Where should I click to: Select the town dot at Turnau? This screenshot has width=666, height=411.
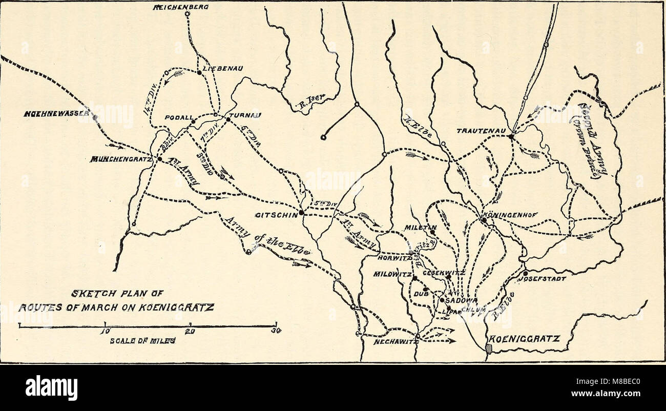(228, 119)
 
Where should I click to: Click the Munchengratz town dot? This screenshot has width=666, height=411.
(159, 159)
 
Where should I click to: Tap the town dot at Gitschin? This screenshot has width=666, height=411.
(302, 212)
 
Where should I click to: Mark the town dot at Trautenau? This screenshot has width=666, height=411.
(511, 136)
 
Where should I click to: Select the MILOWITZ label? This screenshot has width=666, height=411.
(392, 275)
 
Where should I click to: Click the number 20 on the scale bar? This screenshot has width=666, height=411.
(190, 332)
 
